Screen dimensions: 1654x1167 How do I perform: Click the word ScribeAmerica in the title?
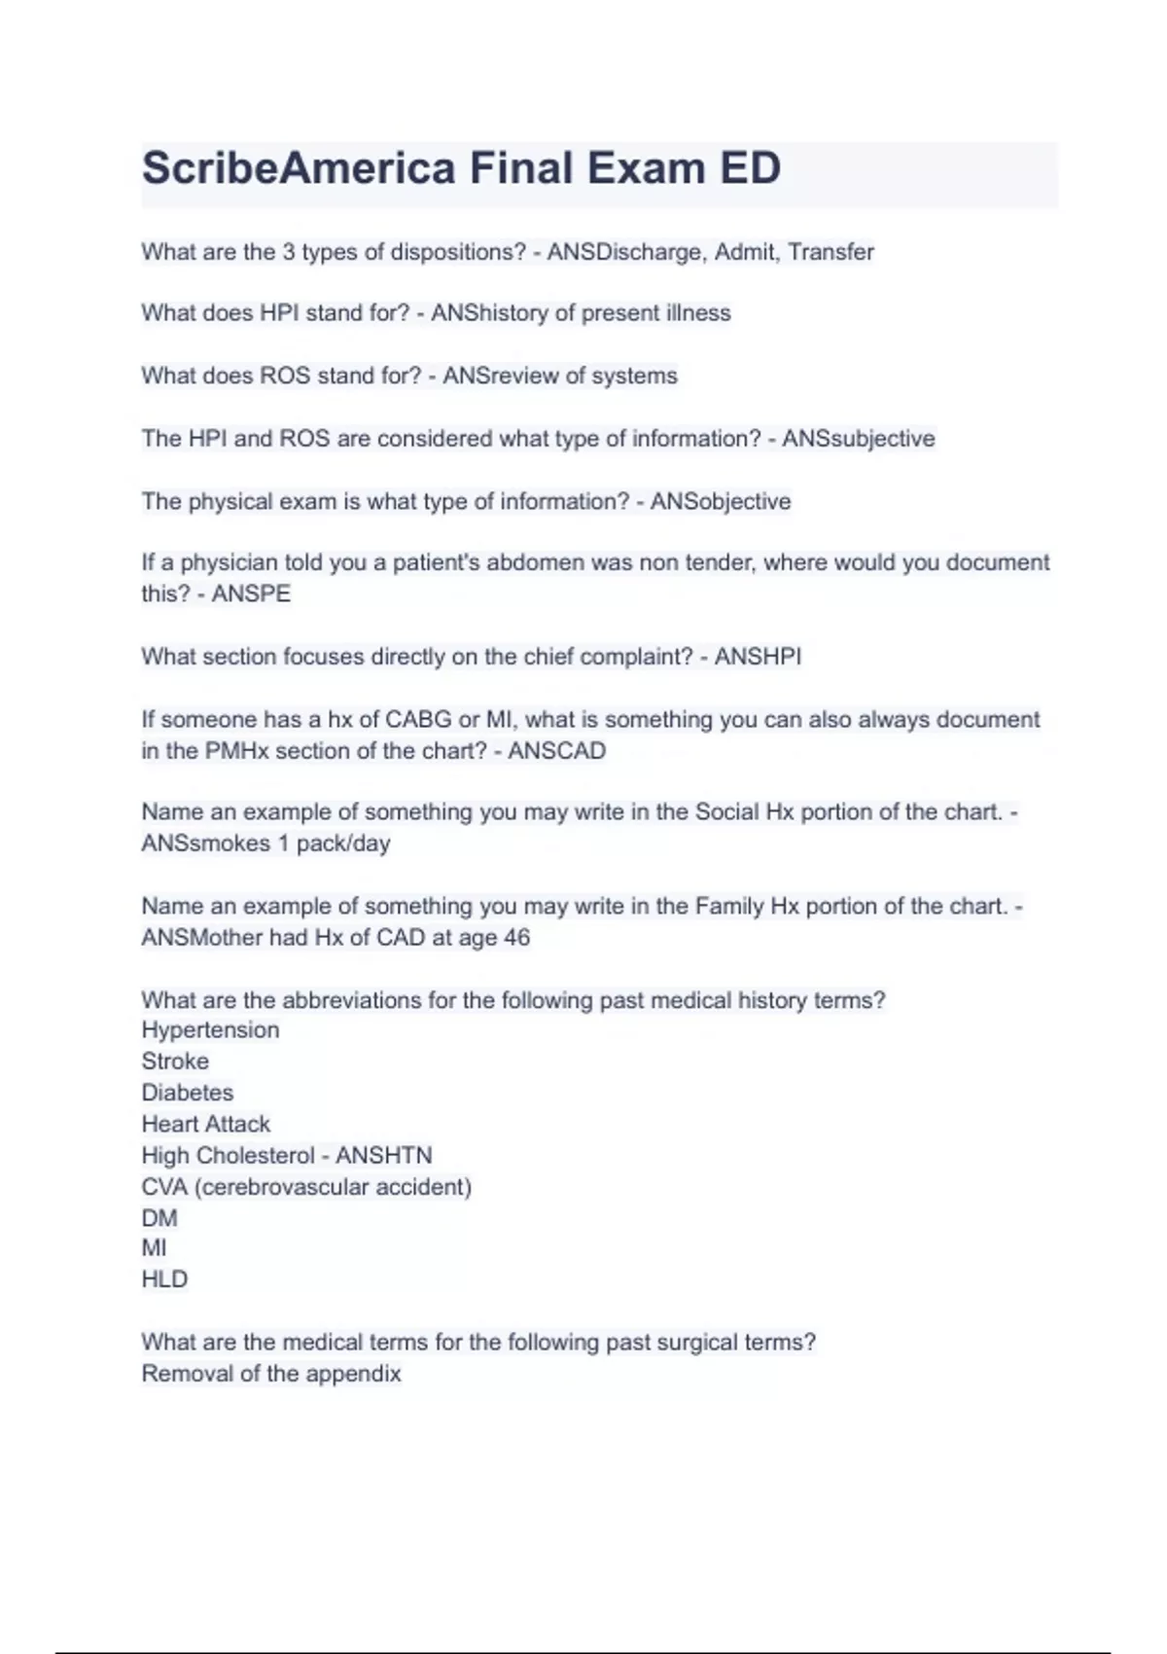[299, 168]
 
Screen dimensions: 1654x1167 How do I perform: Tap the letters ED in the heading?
[750, 168]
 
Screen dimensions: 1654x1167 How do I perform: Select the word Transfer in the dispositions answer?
[831, 252]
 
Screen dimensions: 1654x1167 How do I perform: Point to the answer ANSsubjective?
[858, 439]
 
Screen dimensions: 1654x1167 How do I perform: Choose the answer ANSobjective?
[720, 502]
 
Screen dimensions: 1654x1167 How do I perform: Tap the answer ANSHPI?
[758, 657]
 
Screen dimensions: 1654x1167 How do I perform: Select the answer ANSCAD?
[556, 751]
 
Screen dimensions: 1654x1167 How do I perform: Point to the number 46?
[516, 938]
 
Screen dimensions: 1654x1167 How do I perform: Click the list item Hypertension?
[210, 1030]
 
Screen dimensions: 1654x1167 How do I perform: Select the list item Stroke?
[175, 1061]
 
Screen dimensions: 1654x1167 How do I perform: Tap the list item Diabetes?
[188, 1093]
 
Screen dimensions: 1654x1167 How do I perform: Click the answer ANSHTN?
[383, 1156]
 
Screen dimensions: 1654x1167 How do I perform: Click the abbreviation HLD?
[164, 1279]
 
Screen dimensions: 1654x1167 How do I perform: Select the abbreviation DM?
[159, 1218]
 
